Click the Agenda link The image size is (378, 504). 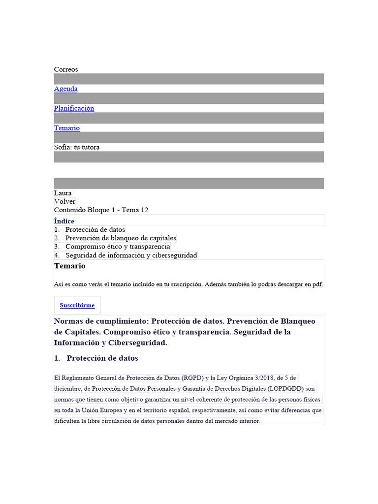[65, 89]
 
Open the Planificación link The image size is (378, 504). [74, 108]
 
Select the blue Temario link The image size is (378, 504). [66, 128]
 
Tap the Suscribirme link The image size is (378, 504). [77, 306]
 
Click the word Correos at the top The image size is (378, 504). [66, 70]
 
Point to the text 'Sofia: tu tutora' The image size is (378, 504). [77, 147]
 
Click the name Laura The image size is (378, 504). [63, 193]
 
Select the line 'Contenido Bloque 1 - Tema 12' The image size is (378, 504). [101, 210]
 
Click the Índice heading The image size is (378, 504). [64, 221]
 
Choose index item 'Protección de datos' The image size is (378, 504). [95, 230]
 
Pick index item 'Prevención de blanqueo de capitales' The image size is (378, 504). [121, 238]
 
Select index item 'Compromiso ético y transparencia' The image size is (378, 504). [118, 247]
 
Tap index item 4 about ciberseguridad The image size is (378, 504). [131, 255]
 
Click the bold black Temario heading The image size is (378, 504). [69, 266]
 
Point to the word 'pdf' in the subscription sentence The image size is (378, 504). [317, 284]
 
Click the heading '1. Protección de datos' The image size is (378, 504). [96, 358]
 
